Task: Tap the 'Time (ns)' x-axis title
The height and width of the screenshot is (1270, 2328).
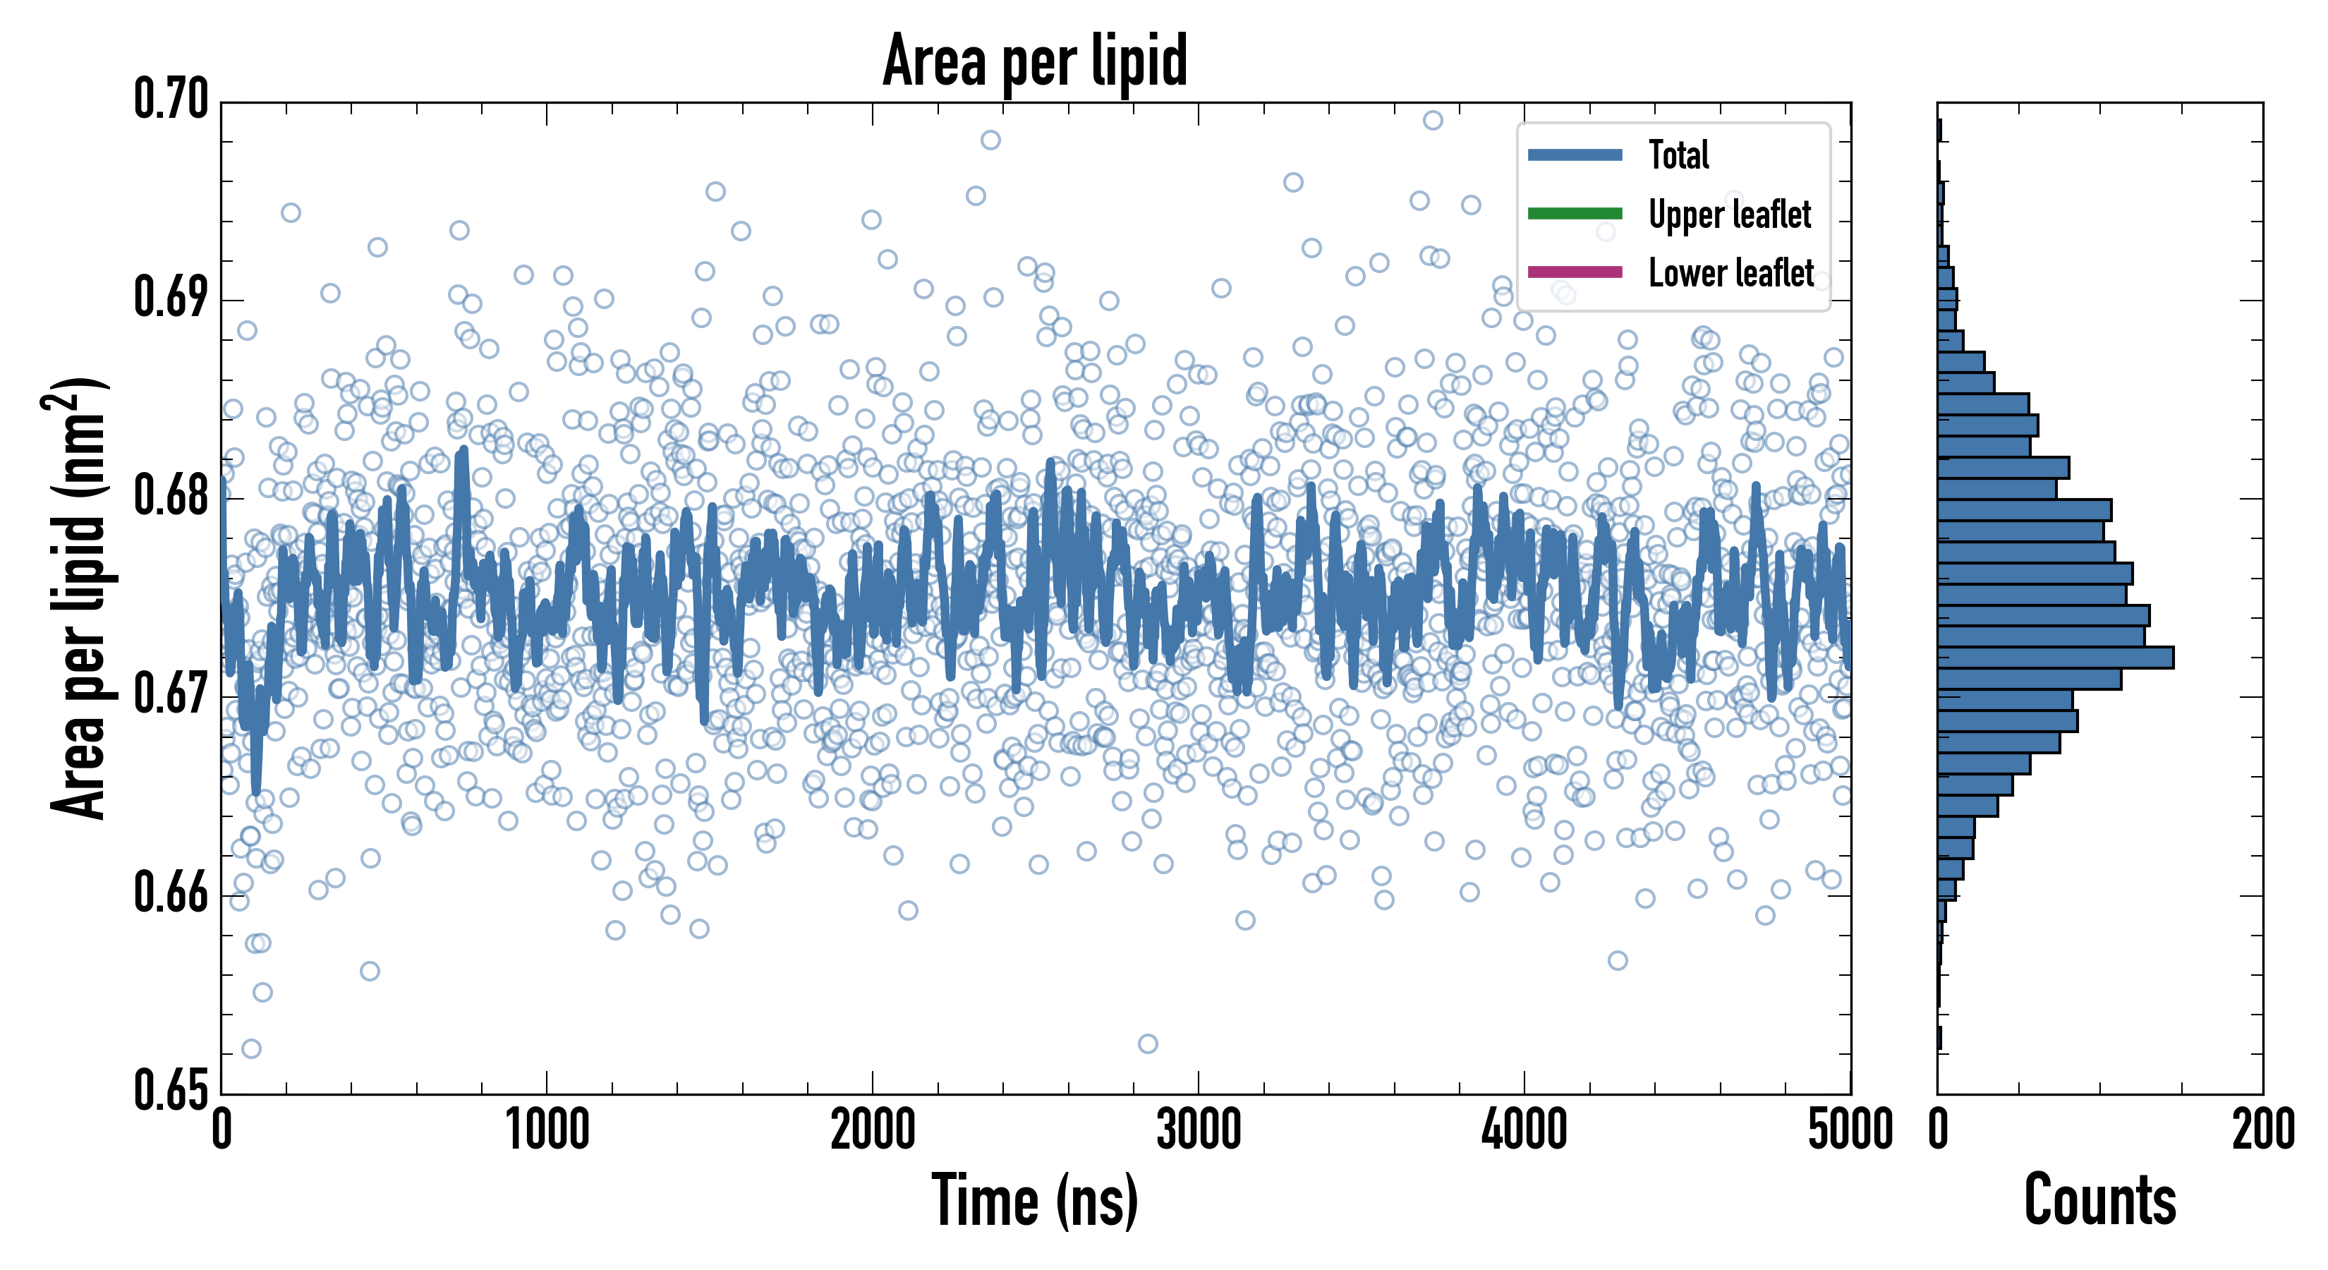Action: point(1035,1200)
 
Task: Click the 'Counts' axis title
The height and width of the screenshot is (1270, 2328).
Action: point(2099,1200)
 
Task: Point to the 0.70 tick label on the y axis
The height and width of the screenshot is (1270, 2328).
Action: point(171,99)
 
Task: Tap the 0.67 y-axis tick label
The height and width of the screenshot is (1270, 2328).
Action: point(171,694)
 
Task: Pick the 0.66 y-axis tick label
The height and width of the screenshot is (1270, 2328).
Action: point(171,893)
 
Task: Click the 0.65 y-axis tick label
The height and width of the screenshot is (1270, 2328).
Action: point(171,1090)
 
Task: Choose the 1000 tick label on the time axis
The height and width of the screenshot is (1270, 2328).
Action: point(547,1130)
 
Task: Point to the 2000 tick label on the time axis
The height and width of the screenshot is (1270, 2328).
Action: point(873,1130)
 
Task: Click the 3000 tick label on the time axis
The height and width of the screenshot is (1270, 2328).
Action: point(1199,1130)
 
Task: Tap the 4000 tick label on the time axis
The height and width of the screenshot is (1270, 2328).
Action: point(1524,1130)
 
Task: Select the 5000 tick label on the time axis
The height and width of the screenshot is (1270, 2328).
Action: point(1850,1130)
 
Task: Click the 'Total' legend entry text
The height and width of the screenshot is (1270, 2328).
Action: point(1678,155)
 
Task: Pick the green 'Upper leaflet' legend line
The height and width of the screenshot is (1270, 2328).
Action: point(1575,213)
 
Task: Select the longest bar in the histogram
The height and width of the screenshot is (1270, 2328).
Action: point(2055,657)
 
